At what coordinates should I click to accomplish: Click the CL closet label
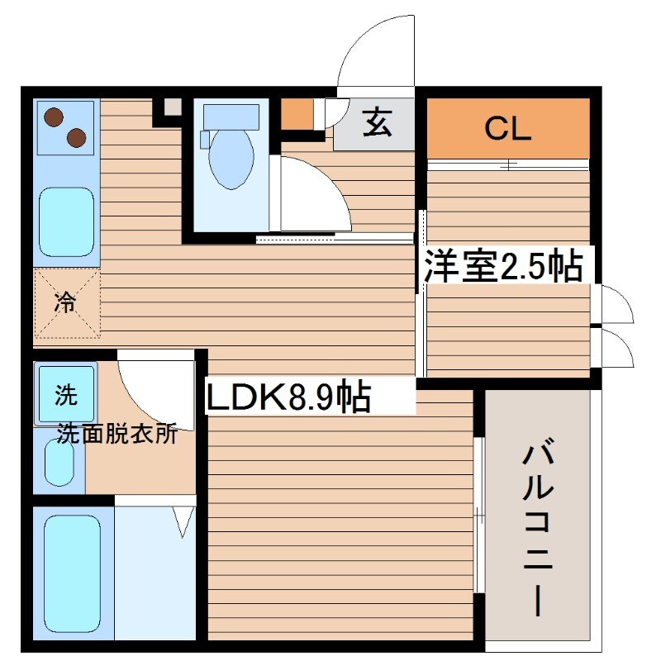pos(507,128)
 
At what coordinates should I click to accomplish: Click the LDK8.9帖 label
pos(288,399)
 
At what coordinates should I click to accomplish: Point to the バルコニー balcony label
pos(537,529)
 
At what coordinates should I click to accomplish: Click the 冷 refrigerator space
pos(65,303)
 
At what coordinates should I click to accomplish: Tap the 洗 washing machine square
pos(65,395)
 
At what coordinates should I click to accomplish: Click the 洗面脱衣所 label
pos(117,435)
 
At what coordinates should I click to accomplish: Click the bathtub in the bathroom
pos(73,570)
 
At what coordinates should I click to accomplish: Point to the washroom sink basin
pos(59,463)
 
